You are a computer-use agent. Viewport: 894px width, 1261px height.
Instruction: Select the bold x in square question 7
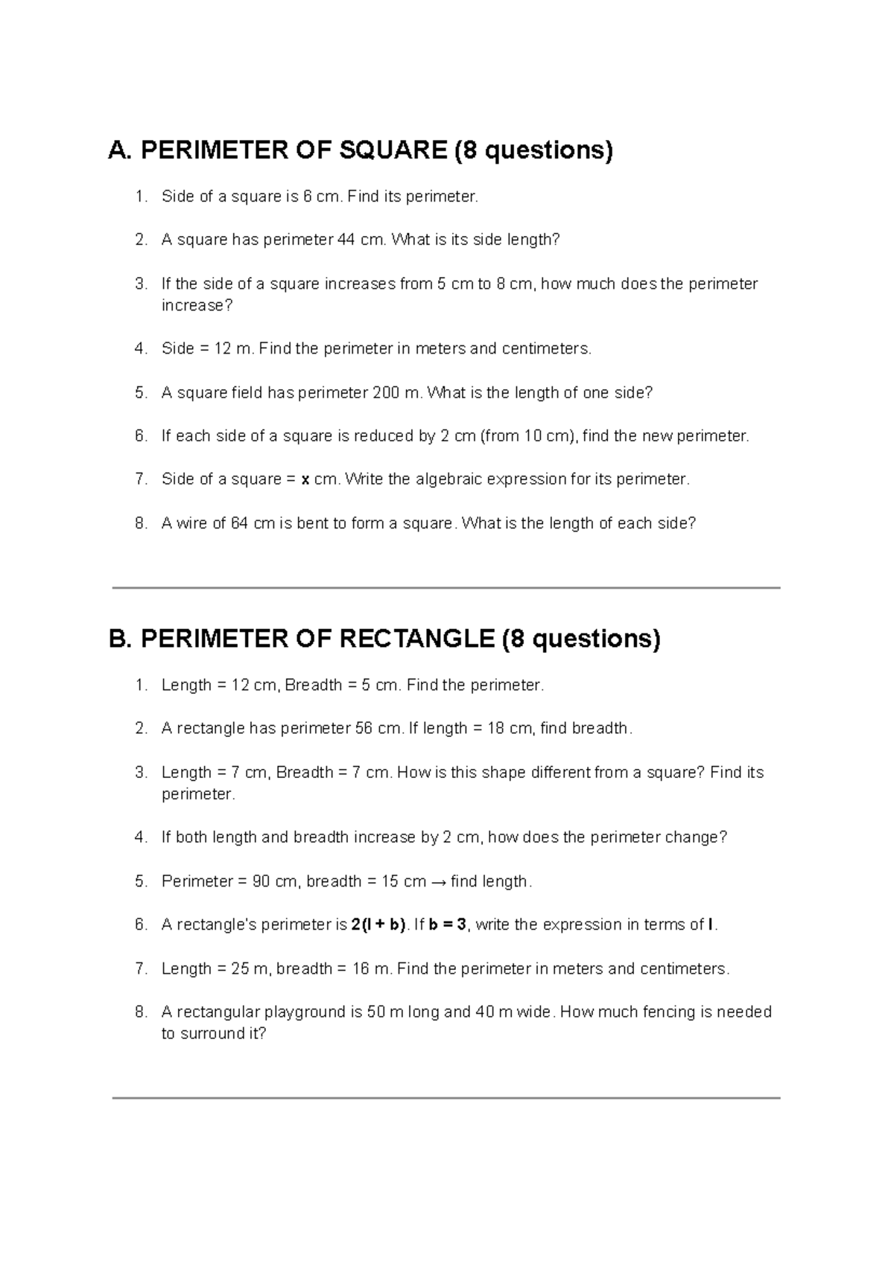pyautogui.click(x=305, y=479)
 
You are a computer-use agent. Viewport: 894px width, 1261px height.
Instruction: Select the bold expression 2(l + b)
pyautogui.click(x=378, y=925)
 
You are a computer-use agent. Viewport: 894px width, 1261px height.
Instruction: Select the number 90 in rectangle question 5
pyautogui.click(x=261, y=881)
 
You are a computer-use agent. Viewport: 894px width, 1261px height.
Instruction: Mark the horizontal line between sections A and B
pyautogui.click(x=446, y=588)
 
